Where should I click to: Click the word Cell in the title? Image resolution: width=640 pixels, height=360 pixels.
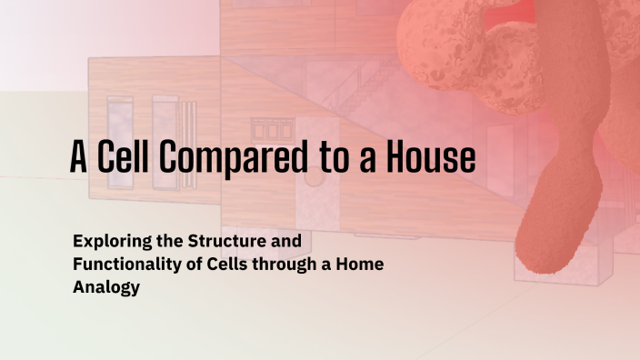click(x=125, y=158)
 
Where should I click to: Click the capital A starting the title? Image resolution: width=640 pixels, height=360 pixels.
click(x=79, y=158)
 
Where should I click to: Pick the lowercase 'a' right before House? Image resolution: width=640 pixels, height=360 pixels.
click(x=367, y=162)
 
